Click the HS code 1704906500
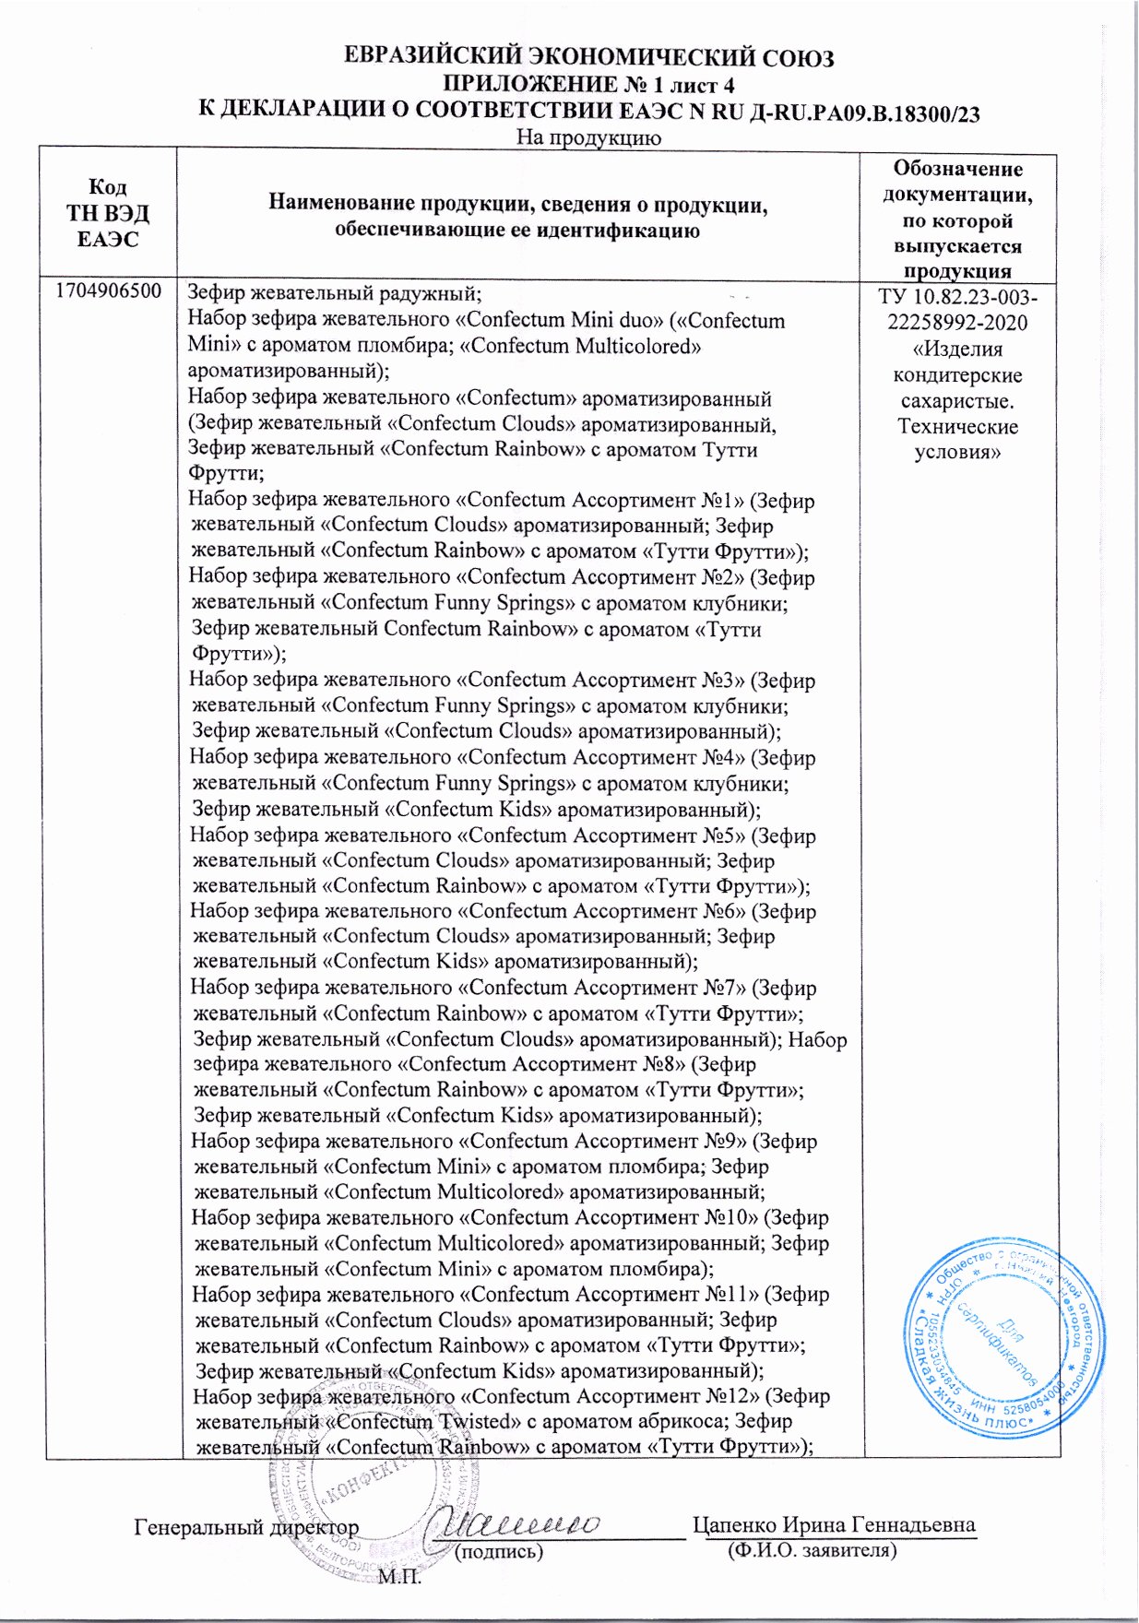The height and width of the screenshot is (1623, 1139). point(109,291)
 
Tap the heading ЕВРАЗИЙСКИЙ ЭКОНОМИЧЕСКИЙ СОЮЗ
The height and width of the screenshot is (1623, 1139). point(588,58)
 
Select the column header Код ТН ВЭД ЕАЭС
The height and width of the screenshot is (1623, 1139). point(108,213)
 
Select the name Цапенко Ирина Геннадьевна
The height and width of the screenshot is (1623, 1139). point(834,1524)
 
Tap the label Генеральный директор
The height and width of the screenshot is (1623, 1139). point(246,1527)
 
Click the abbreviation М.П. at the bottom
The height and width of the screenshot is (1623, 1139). point(398,1577)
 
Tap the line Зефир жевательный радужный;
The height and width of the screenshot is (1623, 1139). point(335,293)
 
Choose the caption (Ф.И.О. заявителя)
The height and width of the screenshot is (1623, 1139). point(812,1550)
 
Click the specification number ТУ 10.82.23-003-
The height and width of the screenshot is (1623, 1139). point(956,297)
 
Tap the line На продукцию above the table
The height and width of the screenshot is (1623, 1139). point(587,138)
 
